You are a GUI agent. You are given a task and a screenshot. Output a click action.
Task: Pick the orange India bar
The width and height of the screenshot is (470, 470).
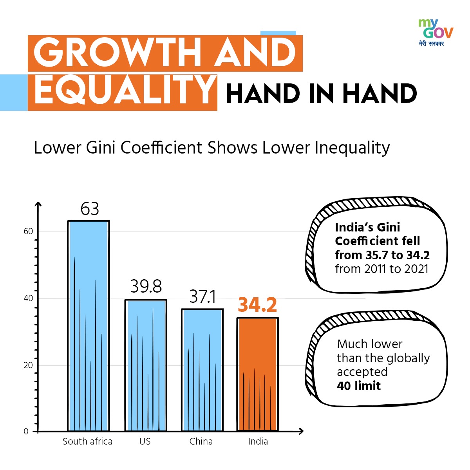click(x=258, y=374)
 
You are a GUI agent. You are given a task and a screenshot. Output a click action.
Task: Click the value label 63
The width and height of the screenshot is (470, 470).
click(x=90, y=209)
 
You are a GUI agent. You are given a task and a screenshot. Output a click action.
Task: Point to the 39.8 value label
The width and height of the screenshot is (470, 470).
click(x=146, y=287)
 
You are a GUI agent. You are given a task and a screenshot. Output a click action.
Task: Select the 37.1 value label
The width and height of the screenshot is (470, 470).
click(x=202, y=296)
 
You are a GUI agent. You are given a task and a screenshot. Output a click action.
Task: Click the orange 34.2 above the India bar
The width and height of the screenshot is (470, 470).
click(x=257, y=305)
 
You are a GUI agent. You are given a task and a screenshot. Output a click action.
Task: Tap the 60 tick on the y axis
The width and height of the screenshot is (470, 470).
click(x=28, y=231)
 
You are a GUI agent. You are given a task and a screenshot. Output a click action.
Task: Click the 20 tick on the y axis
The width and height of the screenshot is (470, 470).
click(x=28, y=365)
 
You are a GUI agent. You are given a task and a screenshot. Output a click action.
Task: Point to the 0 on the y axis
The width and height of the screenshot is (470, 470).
click(x=26, y=432)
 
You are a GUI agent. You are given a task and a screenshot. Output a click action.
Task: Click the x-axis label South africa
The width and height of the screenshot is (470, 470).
click(x=87, y=441)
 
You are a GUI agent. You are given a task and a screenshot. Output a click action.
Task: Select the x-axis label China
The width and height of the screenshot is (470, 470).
click(x=201, y=441)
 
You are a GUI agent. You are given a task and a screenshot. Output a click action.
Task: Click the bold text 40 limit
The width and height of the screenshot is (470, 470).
click(x=359, y=386)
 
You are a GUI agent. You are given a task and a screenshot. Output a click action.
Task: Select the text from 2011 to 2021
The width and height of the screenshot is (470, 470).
click(x=381, y=269)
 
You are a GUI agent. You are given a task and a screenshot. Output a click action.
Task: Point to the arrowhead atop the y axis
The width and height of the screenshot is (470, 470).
click(x=38, y=204)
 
